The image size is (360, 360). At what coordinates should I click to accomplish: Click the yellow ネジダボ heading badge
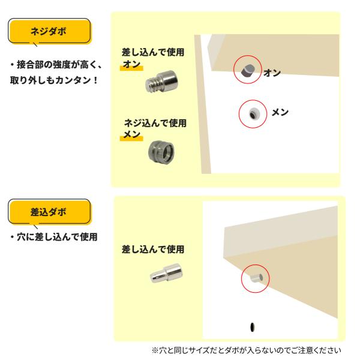(x=50, y=31)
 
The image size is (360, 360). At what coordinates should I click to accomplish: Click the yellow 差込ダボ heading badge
(x=50, y=212)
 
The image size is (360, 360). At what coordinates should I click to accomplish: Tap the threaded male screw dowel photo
(x=162, y=82)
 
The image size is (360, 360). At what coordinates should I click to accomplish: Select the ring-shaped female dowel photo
(x=161, y=152)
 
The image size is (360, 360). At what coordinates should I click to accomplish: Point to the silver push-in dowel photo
(x=167, y=273)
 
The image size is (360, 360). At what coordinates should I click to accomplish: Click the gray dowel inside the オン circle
(x=248, y=70)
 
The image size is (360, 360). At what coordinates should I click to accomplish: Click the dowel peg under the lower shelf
(x=257, y=278)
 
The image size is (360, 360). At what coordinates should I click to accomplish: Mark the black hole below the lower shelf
(x=253, y=327)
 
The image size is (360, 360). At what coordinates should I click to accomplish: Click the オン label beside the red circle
(x=272, y=73)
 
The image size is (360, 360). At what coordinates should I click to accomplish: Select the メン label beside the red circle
(x=280, y=112)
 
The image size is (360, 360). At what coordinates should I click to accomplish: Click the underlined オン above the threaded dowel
(x=131, y=64)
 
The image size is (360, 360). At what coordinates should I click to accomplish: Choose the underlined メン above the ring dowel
(x=132, y=134)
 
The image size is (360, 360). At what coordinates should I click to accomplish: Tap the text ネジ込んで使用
(x=155, y=123)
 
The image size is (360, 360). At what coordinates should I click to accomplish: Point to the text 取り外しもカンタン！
(x=54, y=80)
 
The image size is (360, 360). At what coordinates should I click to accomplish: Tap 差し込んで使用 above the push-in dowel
(x=153, y=250)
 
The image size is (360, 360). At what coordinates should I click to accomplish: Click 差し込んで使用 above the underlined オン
(x=153, y=52)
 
